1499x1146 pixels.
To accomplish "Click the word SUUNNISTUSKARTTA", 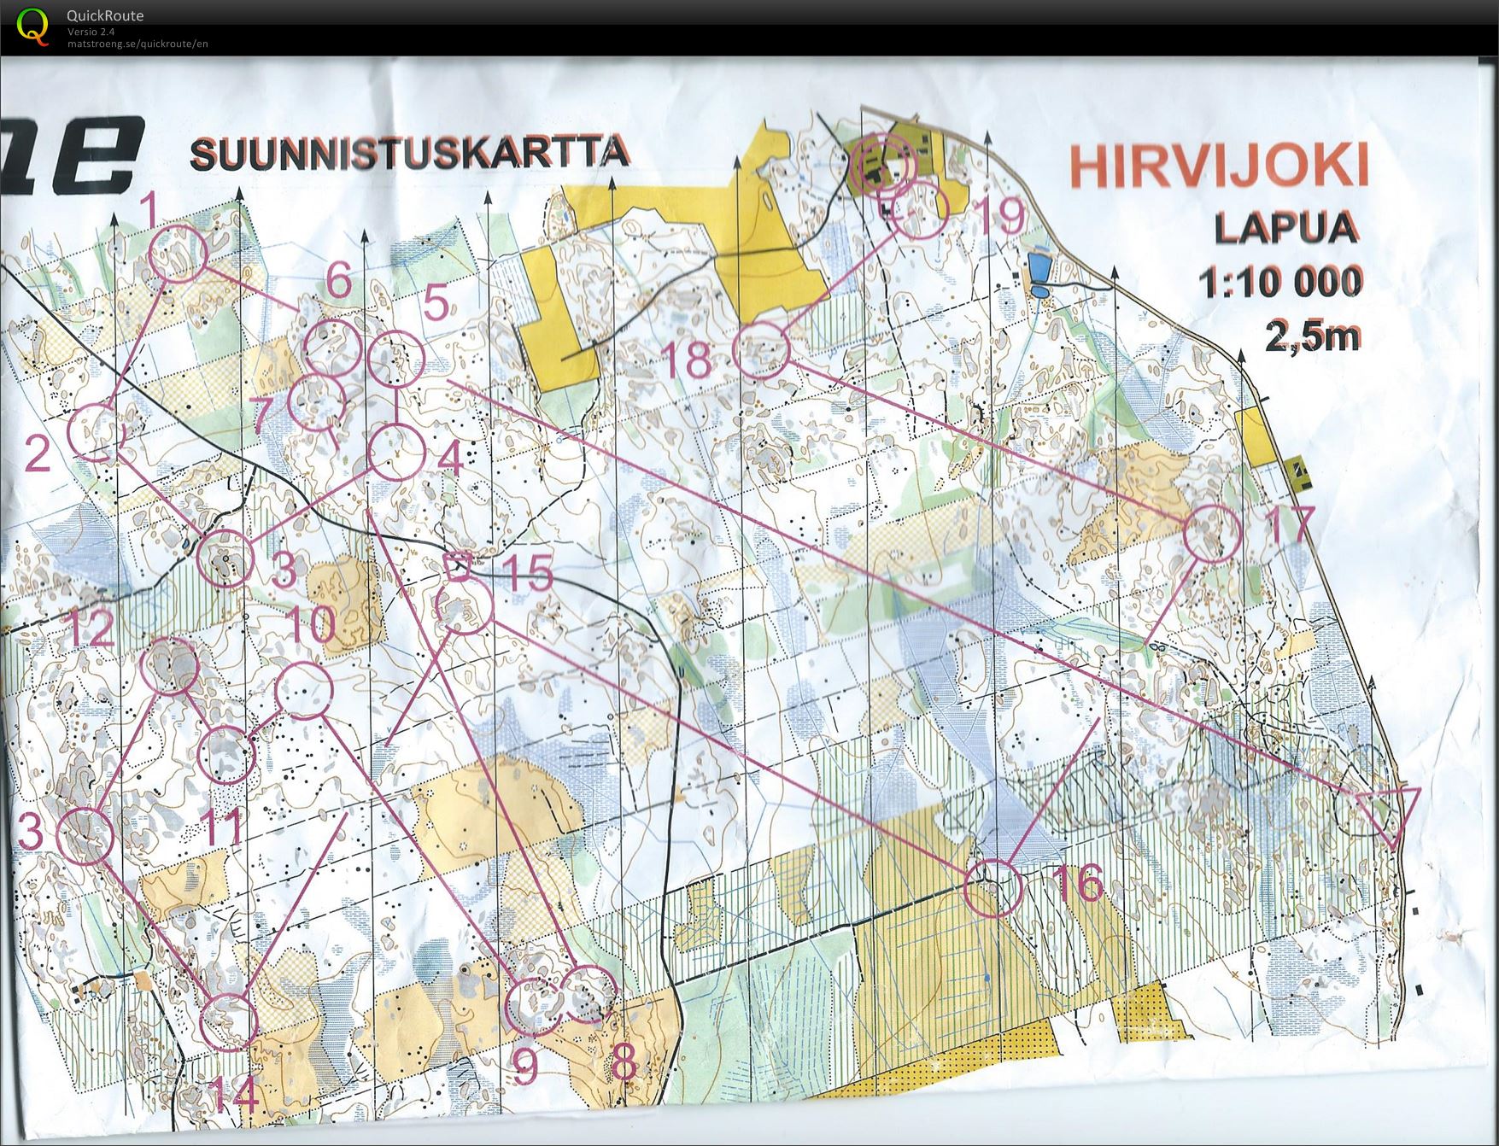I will (x=411, y=153).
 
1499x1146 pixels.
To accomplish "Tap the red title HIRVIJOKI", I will (x=1219, y=166).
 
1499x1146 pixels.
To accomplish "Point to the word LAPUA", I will (x=1286, y=227).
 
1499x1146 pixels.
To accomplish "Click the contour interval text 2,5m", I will (x=1312, y=337).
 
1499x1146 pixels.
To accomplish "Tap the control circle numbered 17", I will (x=1213, y=533).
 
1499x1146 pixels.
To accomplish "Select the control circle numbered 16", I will (x=993, y=888).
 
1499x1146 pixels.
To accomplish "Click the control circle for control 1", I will (x=178, y=254).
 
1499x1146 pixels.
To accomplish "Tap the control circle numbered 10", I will (x=303, y=689).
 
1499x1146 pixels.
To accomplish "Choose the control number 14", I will (x=236, y=1095).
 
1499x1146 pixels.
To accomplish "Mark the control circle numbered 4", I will (x=396, y=453).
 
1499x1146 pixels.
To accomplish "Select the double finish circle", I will (x=885, y=163).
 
